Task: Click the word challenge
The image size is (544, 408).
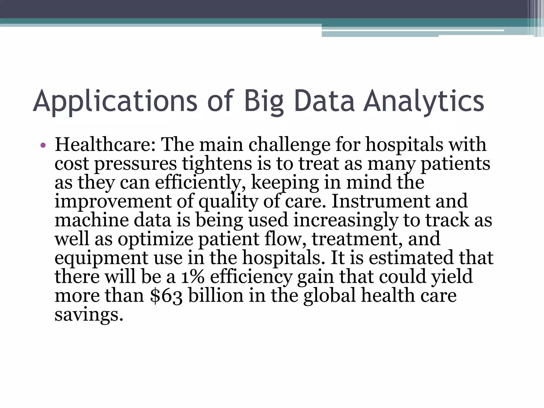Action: [x=290, y=145]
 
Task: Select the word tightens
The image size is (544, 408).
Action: [x=217, y=164]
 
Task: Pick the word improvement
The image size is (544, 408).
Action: [x=113, y=201]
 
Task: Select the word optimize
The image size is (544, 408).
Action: [x=156, y=239]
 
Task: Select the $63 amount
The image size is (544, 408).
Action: [x=166, y=296]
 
